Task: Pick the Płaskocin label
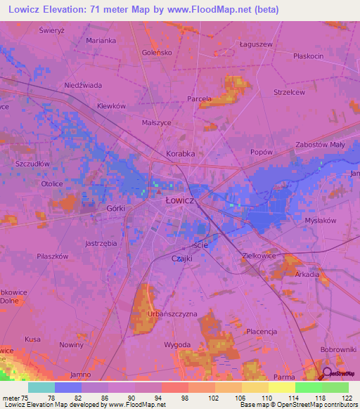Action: coord(309,56)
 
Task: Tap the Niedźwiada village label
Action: coord(83,85)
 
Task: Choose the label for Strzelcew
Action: coord(289,91)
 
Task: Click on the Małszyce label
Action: coord(156,122)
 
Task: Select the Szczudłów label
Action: coord(32,162)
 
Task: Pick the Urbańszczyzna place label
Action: coord(172,313)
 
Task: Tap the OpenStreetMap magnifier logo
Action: coord(327,375)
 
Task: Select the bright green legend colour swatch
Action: coord(308,387)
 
